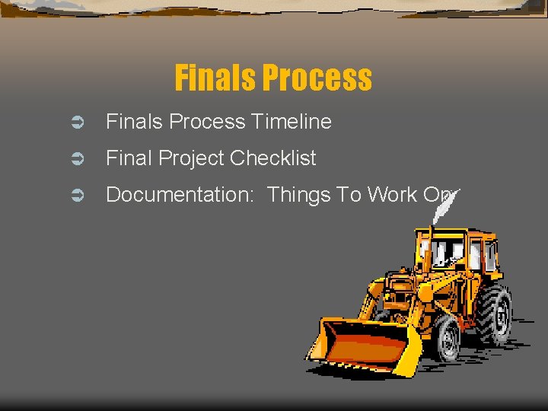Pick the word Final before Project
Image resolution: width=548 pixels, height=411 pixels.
[x=126, y=158]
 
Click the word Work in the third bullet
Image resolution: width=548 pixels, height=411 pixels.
[x=392, y=195]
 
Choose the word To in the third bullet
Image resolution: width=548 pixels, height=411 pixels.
[x=349, y=195]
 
